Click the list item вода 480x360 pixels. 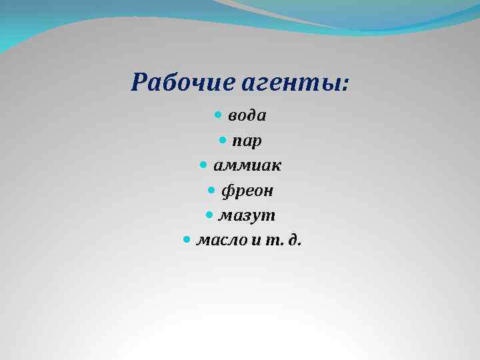click(x=247, y=116)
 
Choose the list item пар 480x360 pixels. click(x=247, y=141)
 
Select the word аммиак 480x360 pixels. click(x=247, y=166)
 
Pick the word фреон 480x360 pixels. click(x=247, y=191)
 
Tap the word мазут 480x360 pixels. click(x=247, y=216)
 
